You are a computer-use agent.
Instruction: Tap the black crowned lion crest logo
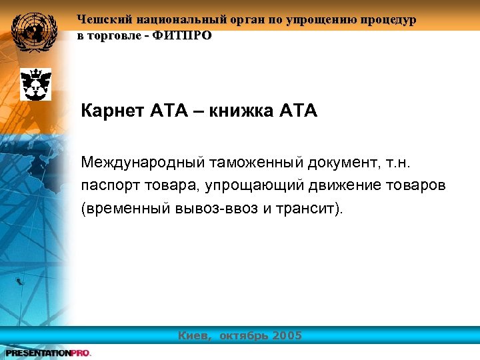point(35,84)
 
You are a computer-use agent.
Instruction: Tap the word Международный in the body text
point(143,162)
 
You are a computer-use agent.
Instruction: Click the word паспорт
point(109,185)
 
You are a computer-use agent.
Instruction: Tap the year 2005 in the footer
point(286,335)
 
